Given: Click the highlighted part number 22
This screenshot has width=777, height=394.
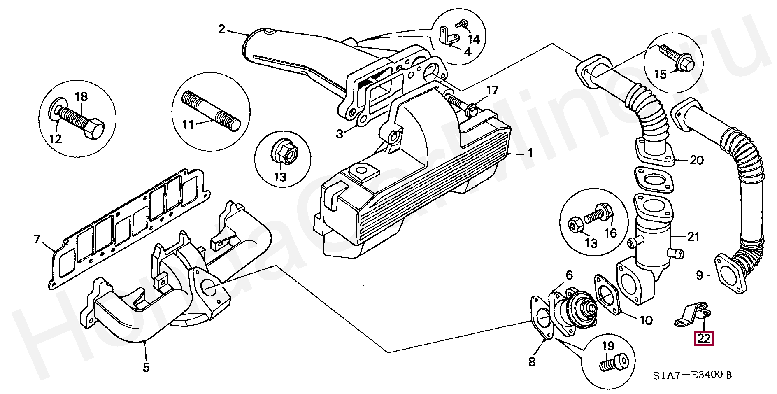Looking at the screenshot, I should click(x=704, y=338).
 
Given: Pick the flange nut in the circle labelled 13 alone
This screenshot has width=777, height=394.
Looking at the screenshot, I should click(x=281, y=154).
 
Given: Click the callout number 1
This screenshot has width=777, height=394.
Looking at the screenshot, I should click(x=530, y=154).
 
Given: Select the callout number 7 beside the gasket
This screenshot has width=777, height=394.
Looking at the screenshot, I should click(x=37, y=239).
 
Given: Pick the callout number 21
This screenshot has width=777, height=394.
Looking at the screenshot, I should click(x=693, y=237).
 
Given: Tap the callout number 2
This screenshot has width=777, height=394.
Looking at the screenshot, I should click(x=222, y=29).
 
